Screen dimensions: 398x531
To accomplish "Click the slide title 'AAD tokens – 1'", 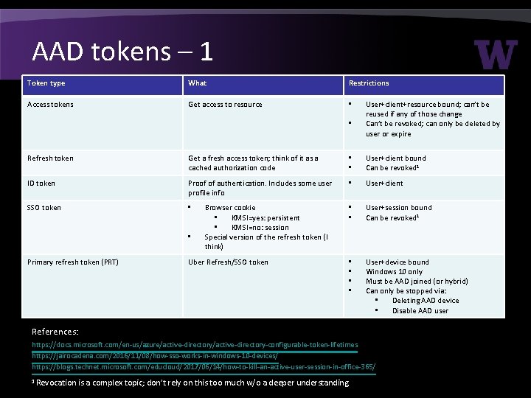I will [122, 51].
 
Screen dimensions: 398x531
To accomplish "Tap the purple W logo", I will [496, 55].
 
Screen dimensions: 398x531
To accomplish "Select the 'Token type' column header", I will [46, 83].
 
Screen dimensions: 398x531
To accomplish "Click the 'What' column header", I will [198, 83].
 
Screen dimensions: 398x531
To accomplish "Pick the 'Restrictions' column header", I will [369, 83].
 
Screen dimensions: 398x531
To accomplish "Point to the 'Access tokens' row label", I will [52, 105].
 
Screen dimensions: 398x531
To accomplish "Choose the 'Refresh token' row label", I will [50, 158].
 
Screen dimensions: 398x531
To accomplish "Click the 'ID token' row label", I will [41, 184].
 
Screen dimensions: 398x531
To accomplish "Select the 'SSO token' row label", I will [44, 208].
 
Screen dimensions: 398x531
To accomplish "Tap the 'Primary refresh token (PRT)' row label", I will [73, 262].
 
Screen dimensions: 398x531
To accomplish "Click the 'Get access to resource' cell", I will [225, 105].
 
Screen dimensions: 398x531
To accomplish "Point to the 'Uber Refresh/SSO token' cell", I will [228, 262].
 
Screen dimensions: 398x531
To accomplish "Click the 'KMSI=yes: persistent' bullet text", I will [265, 218].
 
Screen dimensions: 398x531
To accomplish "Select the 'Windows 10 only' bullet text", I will [394, 272].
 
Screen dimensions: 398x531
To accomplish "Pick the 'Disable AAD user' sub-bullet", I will [420, 310].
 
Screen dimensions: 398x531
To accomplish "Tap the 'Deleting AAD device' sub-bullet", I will [426, 301].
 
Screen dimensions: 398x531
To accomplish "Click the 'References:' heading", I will [55, 332].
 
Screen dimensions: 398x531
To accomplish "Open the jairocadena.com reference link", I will [155, 355].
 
